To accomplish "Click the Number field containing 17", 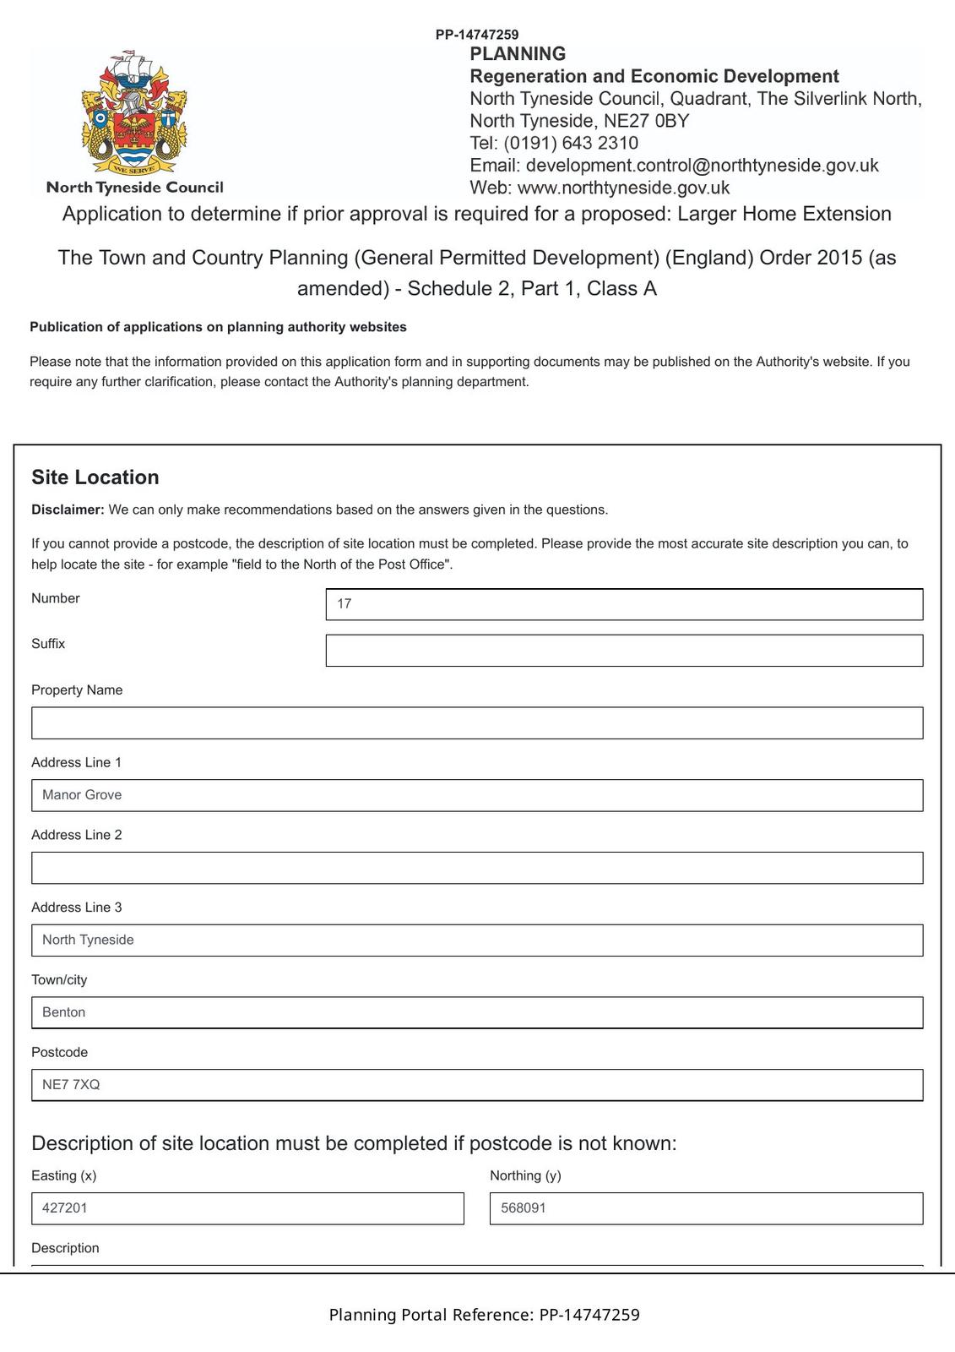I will tap(624, 604).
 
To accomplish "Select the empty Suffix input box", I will tap(624, 651).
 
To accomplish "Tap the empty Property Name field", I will tap(477, 723).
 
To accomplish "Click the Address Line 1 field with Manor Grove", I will tap(477, 795).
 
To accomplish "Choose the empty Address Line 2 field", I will tap(477, 868).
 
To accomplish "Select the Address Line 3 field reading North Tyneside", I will tap(477, 940).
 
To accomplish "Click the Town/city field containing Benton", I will tap(477, 1012).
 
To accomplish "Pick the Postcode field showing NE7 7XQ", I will tap(477, 1085).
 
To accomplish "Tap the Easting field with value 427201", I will tap(247, 1208).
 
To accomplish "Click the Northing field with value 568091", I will tap(706, 1208).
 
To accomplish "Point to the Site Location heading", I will tap(95, 477).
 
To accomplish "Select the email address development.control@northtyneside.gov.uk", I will tap(702, 166).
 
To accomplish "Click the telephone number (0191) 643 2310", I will tap(571, 143).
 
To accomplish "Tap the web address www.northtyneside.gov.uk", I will tap(623, 188).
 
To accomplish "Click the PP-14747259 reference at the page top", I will tap(477, 35).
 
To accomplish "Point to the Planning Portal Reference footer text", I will tap(484, 1315).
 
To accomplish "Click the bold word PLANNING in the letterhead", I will tap(518, 54).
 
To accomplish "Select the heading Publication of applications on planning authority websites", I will tap(218, 327).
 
